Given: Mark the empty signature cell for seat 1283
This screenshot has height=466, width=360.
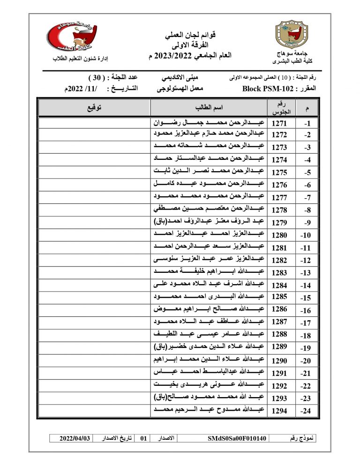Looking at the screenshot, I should click(x=94, y=272).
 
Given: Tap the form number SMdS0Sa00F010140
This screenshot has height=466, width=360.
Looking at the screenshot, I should click(x=237, y=438).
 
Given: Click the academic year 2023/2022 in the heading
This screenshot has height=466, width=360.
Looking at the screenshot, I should click(x=182, y=56).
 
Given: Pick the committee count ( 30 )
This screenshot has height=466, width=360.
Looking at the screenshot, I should click(x=97, y=77).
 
